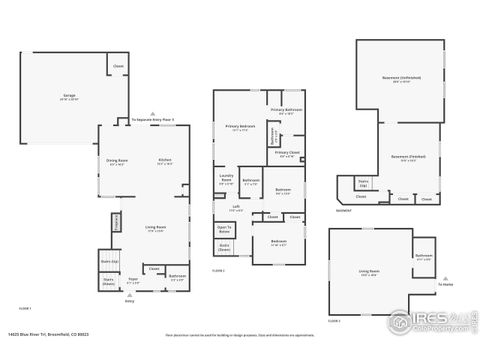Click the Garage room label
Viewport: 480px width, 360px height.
click(x=69, y=97)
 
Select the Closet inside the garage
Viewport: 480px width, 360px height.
click(x=118, y=66)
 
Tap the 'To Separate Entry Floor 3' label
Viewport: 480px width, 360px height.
click(x=153, y=119)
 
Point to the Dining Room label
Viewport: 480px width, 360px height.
click(x=117, y=162)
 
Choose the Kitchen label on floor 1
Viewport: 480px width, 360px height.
click(x=164, y=162)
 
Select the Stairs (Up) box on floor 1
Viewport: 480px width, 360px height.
click(x=108, y=262)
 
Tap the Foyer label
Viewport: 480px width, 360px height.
click(x=132, y=282)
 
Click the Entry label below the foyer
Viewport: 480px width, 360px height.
click(x=129, y=300)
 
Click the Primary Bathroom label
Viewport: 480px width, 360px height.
click(x=287, y=111)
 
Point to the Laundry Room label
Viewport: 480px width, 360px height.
click(x=226, y=181)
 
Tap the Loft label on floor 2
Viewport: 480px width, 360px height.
click(x=235, y=209)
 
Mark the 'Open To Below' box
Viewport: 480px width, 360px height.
click(x=225, y=228)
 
